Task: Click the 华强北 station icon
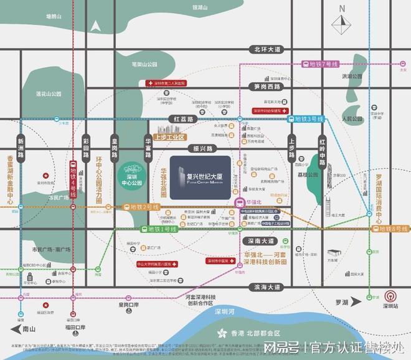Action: coord(239,202)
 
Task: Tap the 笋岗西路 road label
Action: coord(264,88)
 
